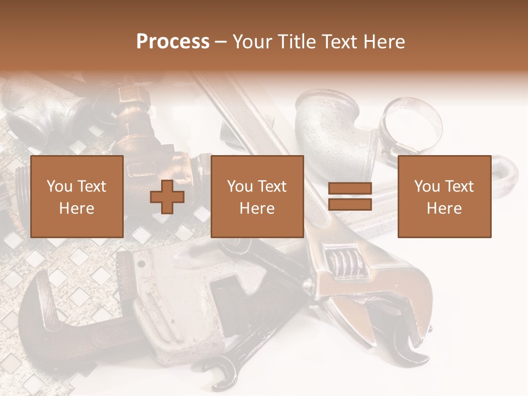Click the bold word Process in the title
[173, 42]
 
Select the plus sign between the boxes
[167, 197]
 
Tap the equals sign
[350, 196]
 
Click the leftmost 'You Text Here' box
[77, 196]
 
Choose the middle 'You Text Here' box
[257, 196]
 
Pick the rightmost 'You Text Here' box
[444, 196]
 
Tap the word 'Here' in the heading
[386, 42]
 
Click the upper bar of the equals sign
[350, 189]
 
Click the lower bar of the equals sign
[350, 204]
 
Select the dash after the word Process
[221, 42]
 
